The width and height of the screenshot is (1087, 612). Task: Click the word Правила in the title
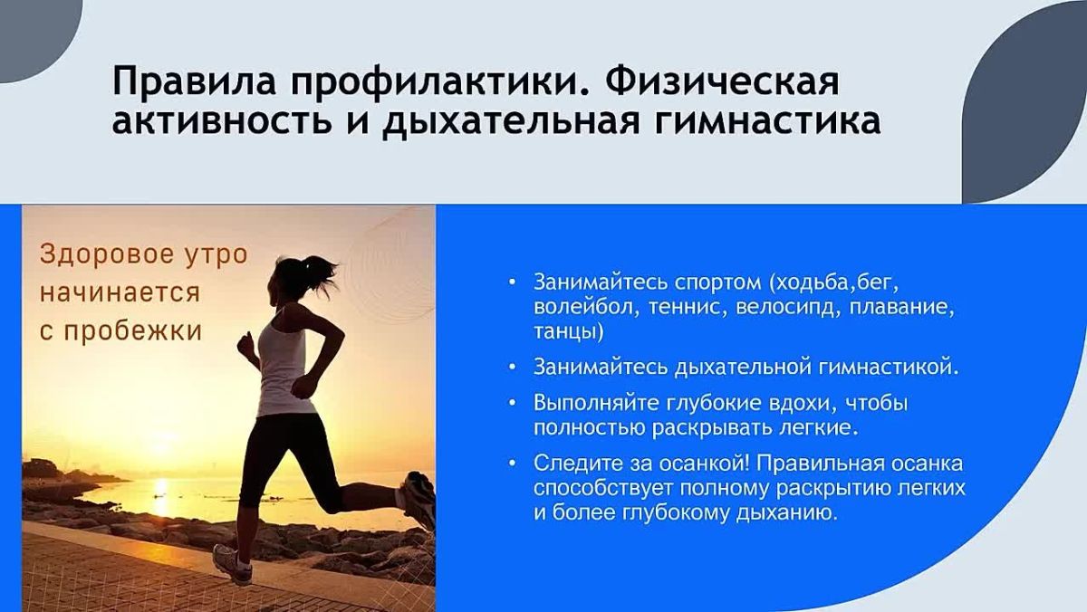194,81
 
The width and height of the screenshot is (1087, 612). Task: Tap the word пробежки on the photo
133,331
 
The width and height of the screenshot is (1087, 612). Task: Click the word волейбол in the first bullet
583,308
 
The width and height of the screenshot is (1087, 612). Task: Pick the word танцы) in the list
568,332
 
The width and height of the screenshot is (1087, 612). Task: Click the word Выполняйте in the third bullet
596,404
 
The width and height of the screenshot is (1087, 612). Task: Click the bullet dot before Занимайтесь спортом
512,282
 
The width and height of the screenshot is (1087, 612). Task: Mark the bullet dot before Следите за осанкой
512,464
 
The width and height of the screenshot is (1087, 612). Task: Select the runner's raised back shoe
418,500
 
